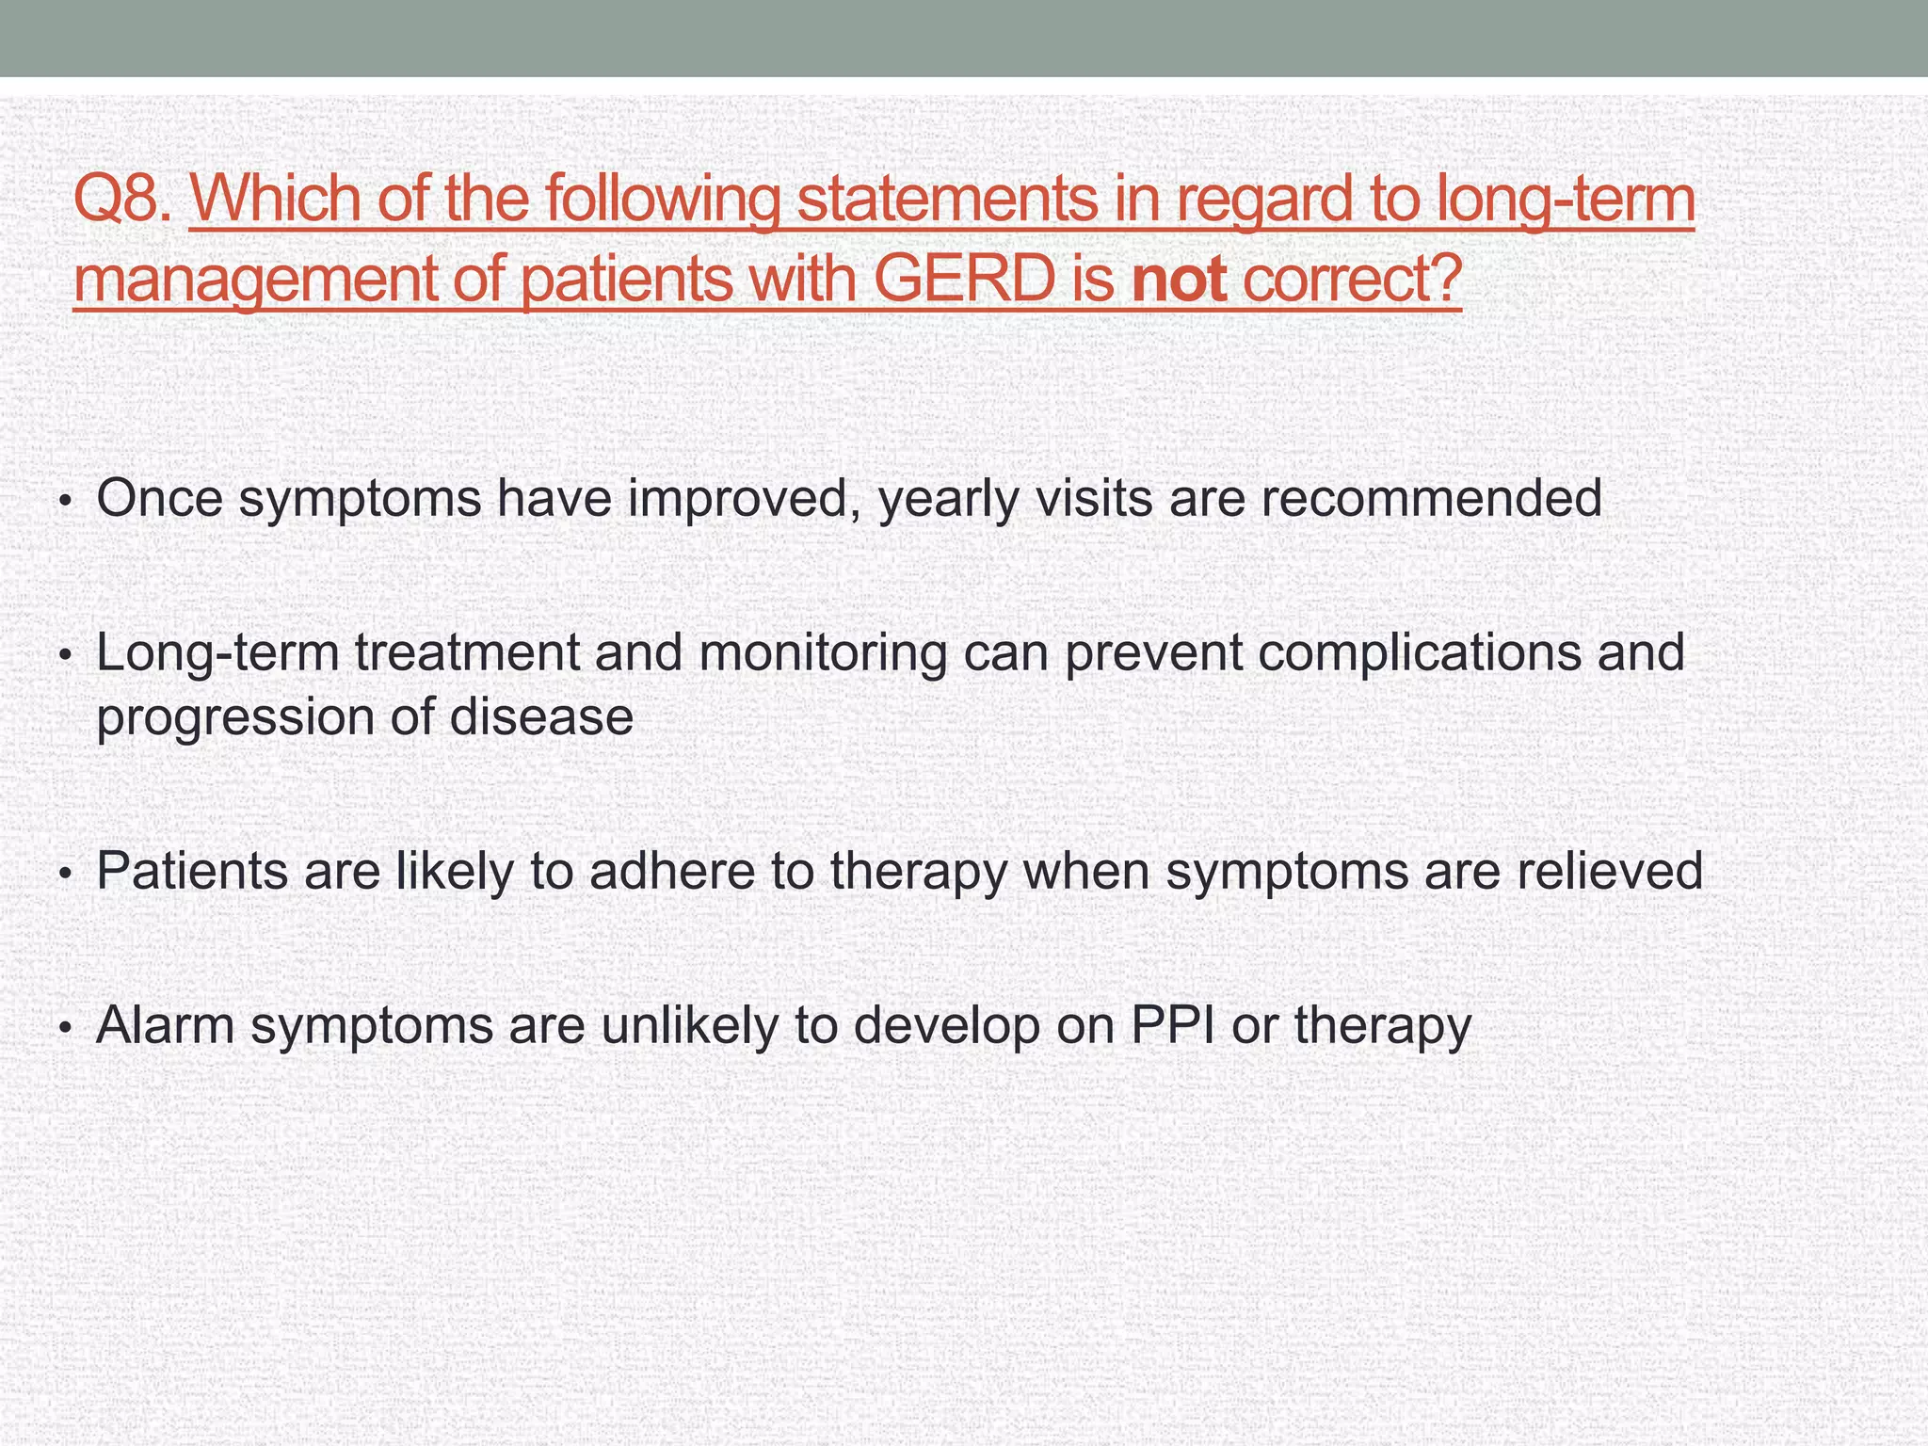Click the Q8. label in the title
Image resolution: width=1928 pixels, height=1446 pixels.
tap(122, 200)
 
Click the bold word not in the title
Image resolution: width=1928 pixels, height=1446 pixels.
tap(1179, 280)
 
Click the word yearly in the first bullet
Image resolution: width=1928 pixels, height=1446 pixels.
tap(947, 499)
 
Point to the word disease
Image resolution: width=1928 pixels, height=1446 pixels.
tap(541, 717)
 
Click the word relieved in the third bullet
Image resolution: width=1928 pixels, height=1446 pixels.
tap(1609, 871)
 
